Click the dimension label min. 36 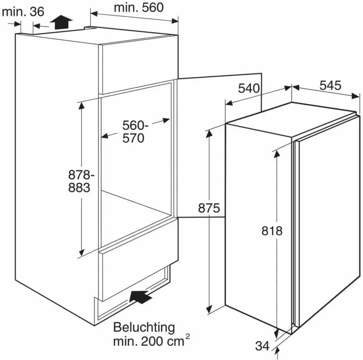point(23,11)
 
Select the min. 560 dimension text point(139,8)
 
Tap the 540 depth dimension point(249,88)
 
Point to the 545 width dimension point(330,86)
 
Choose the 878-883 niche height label point(79,181)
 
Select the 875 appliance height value point(209,208)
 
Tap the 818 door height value point(272,231)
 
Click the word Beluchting point(144,327)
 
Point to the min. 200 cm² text point(151,342)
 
